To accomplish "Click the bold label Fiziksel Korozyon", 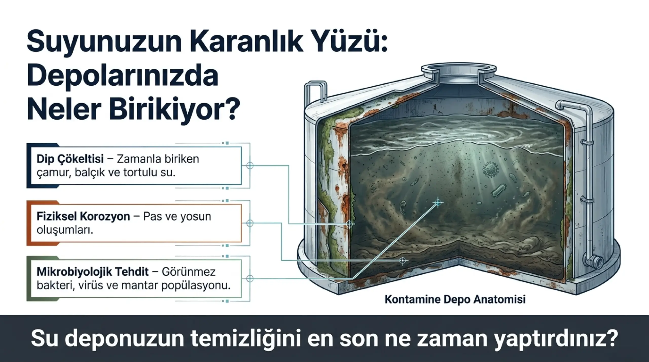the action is pyautogui.click(x=83, y=217).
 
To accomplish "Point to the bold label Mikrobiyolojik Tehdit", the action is pyautogui.click(x=93, y=272).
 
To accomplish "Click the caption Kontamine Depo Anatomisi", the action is pyautogui.click(x=455, y=299).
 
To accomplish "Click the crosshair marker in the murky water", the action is pyautogui.click(x=438, y=202).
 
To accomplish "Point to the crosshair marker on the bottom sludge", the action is pyautogui.click(x=402, y=261).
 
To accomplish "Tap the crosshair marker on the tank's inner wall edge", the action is pyautogui.click(x=350, y=224).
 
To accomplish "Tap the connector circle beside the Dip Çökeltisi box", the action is pyautogui.click(x=250, y=166).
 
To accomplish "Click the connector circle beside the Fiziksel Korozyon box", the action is pyautogui.click(x=250, y=223).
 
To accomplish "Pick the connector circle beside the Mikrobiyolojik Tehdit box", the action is pyautogui.click(x=250, y=279).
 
